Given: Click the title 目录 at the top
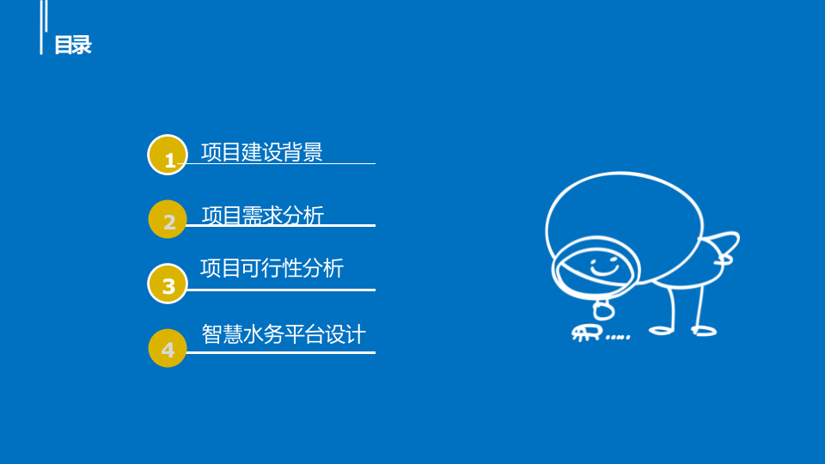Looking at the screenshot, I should coord(72,46).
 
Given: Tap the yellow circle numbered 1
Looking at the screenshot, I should coord(168,156).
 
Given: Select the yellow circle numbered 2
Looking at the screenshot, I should coord(168,220).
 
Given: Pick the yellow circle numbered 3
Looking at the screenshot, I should coord(168,284).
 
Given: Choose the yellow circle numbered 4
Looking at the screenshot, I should coord(168,348).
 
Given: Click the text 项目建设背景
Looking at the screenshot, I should coord(261,152).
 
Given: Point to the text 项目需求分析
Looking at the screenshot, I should coord(262,216).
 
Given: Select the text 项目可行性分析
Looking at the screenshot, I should coord(272,268).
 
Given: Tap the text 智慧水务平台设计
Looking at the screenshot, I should coord(284,333).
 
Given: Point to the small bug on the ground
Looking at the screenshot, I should coord(586,333).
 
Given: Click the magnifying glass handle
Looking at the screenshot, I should coord(604,308).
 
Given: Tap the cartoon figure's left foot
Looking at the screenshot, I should coord(662,330).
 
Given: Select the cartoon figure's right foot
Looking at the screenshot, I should coord(704,331).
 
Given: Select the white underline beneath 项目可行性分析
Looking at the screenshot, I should coord(280,290).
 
